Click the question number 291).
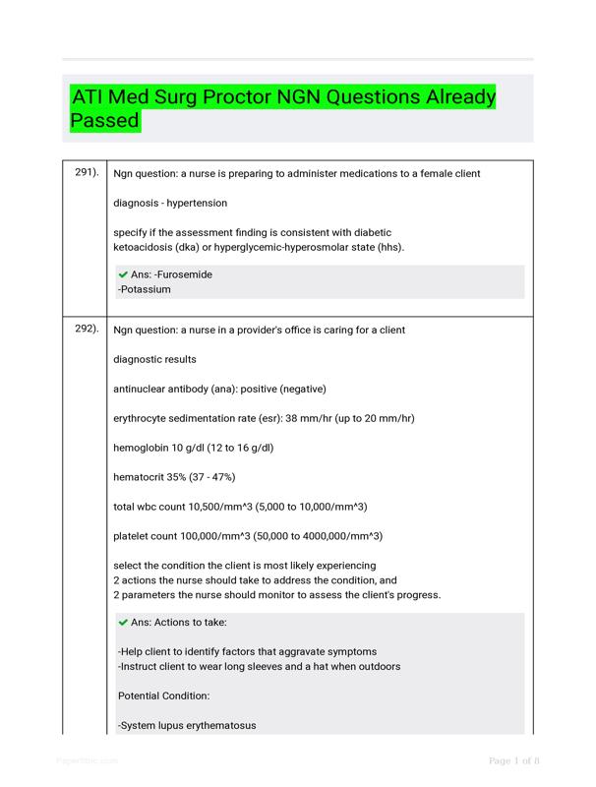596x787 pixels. pyautogui.click(x=87, y=173)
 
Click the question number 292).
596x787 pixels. pyautogui.click(x=87, y=330)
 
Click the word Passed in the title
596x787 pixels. pyautogui.click(x=105, y=122)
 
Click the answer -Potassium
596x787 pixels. pyautogui.click(x=145, y=290)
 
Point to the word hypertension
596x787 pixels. pyautogui.click(x=197, y=203)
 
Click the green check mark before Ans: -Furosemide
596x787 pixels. pyautogui.click(x=123, y=274)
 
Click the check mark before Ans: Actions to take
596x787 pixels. pyautogui.click(x=123, y=622)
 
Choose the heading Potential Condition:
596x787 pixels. pyautogui.click(x=163, y=696)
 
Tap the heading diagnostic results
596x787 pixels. pyautogui.click(x=154, y=359)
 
